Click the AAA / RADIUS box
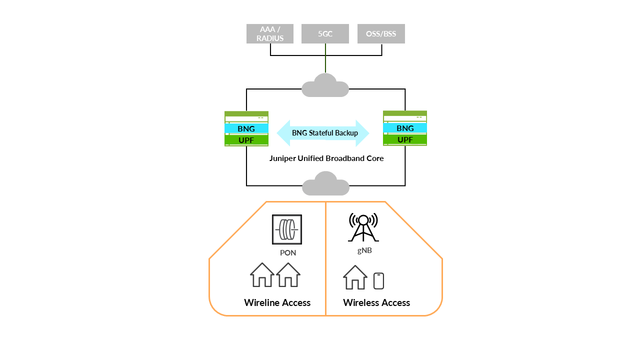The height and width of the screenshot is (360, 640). click(x=270, y=34)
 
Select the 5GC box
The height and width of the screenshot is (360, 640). click(x=325, y=34)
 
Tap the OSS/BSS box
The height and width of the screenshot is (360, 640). click(x=381, y=34)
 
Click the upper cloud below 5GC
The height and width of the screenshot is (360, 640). click(x=325, y=86)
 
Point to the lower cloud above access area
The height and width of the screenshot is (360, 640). click(x=325, y=184)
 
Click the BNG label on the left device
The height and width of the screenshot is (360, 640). click(x=246, y=128)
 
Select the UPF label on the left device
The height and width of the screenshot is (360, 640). click(x=246, y=140)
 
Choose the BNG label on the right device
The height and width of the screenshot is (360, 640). click(x=405, y=128)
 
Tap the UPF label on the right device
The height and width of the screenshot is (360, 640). click(x=405, y=139)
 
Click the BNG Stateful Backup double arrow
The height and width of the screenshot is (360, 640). click(x=323, y=133)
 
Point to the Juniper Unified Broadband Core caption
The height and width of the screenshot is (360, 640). click(x=326, y=158)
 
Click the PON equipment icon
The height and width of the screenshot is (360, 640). click(x=287, y=229)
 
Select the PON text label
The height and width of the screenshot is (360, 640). click(x=288, y=253)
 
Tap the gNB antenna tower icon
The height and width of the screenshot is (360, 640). click(x=363, y=227)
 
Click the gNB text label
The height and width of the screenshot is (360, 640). click(x=364, y=250)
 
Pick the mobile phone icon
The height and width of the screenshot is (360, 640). click(x=378, y=281)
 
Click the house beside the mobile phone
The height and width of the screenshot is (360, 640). click(x=355, y=277)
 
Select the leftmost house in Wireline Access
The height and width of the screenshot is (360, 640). click(x=262, y=275)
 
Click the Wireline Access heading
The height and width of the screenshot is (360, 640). click(x=277, y=303)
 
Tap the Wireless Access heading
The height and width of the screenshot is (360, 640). click(x=376, y=303)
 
